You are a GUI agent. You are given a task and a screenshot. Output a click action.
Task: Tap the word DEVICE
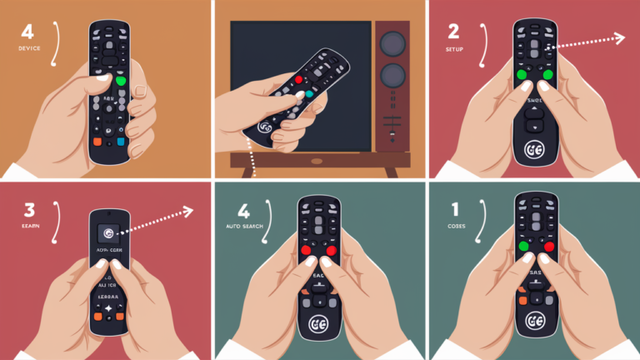pos(29,49)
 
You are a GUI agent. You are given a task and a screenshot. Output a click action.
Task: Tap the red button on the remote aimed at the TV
pos(297,81)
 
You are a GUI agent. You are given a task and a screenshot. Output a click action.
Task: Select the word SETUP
pos(455,48)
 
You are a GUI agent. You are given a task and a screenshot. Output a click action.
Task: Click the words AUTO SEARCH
pos(243,227)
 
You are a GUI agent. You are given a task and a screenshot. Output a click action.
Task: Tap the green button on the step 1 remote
pos(523,247)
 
